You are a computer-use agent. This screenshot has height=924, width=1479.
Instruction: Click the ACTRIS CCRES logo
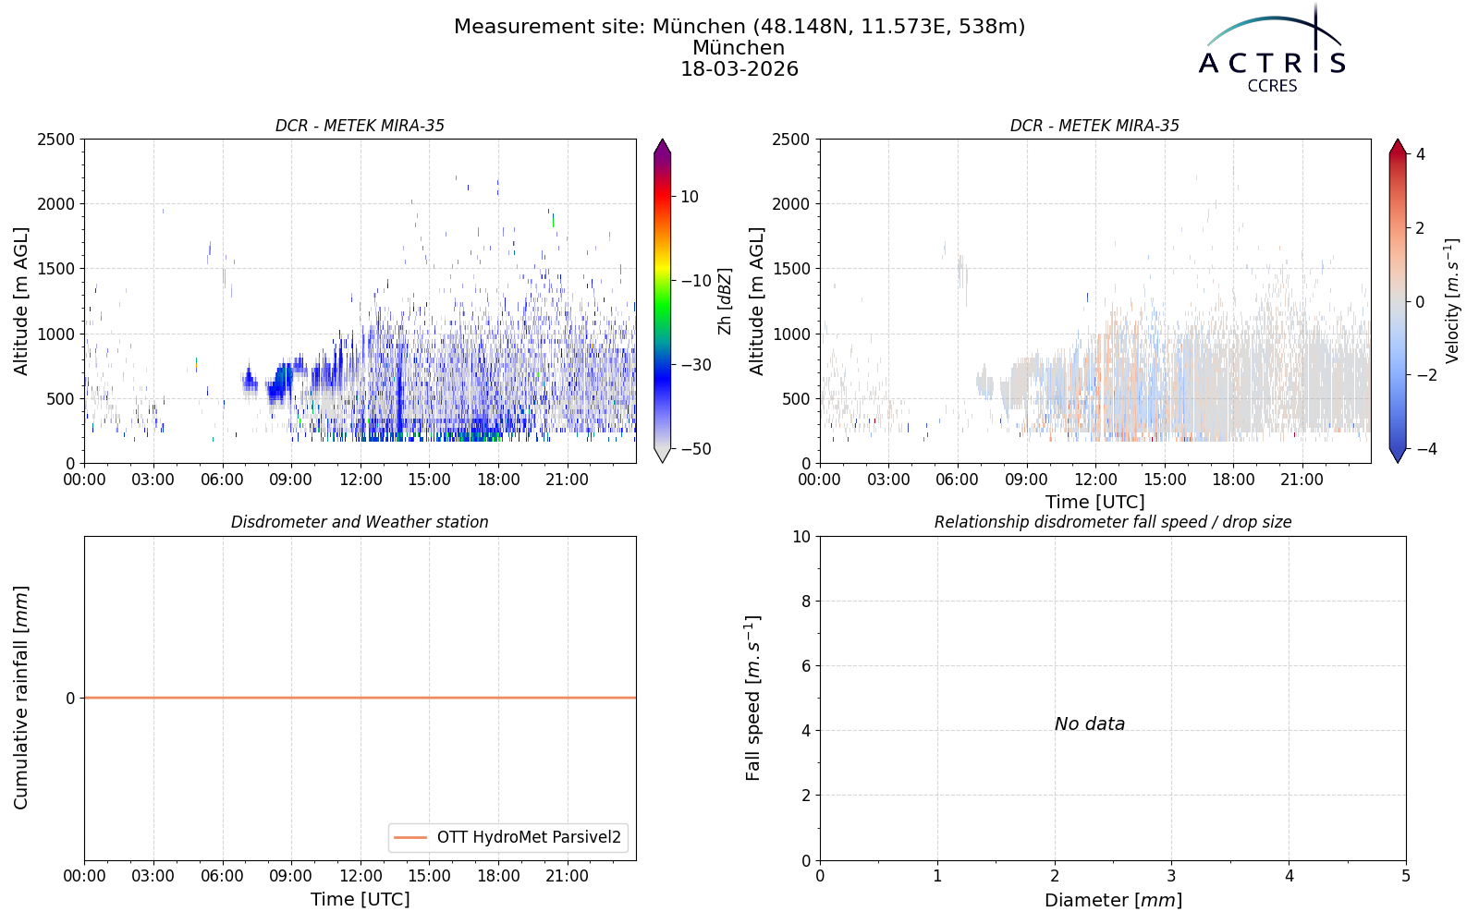1272,50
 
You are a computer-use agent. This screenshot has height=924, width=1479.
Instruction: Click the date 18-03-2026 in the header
739,68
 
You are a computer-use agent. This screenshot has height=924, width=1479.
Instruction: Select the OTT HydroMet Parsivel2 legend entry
507,837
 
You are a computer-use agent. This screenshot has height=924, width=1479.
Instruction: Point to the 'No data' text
1090,724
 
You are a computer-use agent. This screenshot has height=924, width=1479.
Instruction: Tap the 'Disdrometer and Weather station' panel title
360,522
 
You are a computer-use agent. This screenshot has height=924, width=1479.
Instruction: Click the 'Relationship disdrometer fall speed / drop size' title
1113,522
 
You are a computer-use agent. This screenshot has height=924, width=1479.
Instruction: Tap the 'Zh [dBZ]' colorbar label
725,301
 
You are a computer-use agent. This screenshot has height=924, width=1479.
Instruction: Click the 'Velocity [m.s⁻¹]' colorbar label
1451,301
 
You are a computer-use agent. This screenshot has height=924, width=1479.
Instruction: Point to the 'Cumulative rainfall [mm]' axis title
21,698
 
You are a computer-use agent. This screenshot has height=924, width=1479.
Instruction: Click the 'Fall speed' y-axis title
753,699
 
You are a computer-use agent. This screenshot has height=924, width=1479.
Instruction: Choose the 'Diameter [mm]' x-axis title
1113,900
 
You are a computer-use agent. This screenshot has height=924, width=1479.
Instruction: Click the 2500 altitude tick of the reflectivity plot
56,140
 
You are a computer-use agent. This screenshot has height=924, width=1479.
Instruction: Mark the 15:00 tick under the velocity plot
1165,480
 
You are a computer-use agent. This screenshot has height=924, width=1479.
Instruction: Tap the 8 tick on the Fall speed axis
805,602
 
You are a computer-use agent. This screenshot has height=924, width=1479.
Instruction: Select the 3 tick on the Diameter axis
1172,877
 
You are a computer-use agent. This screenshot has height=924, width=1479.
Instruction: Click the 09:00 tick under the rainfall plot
290,877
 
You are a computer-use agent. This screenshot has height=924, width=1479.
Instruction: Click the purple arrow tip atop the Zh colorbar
662,140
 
